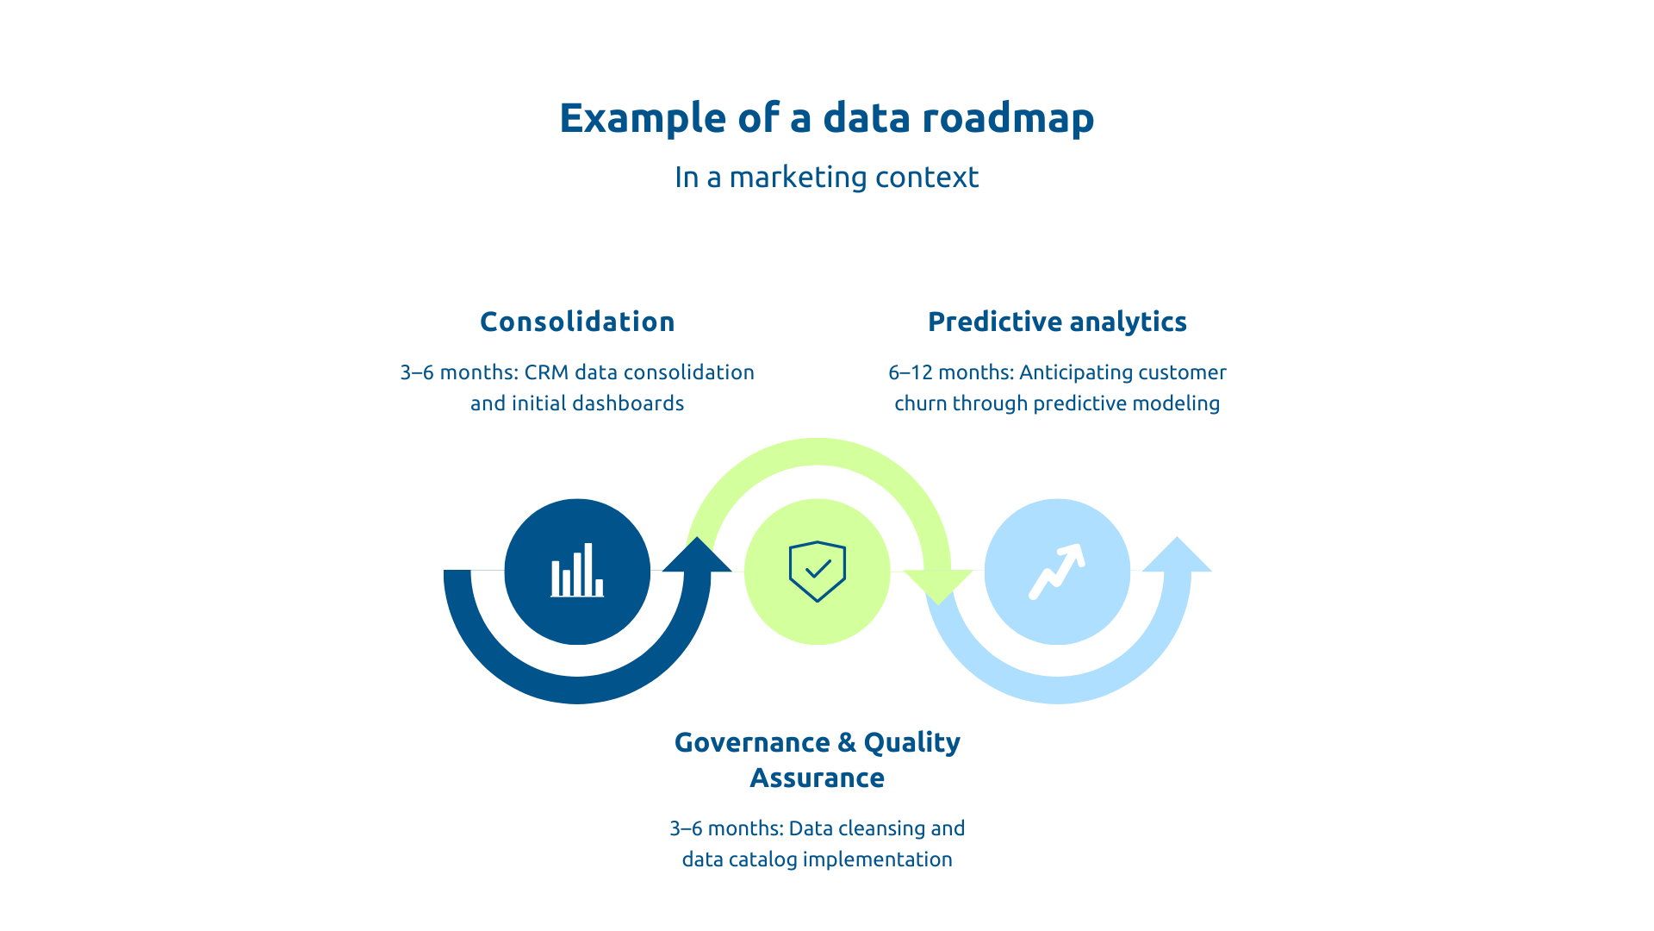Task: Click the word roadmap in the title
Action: click(1008, 118)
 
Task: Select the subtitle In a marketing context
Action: click(826, 178)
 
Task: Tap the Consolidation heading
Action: click(577, 322)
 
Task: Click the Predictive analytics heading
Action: click(1057, 322)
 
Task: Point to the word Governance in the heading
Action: click(752, 742)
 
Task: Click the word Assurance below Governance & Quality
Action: click(817, 778)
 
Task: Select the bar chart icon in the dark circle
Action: click(577, 571)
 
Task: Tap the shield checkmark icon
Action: click(817, 571)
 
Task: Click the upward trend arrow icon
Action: click(1057, 571)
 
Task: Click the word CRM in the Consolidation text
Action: click(546, 372)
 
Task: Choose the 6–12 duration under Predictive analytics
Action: click(909, 372)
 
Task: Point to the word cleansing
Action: click(880, 828)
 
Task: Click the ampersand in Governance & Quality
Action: click(846, 742)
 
